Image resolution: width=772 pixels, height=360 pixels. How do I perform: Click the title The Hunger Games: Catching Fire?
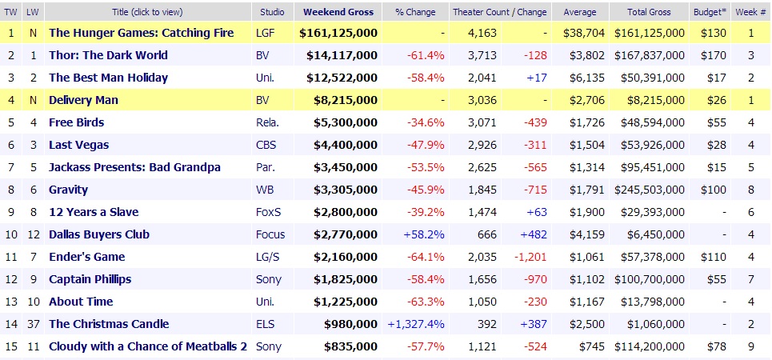click(x=142, y=33)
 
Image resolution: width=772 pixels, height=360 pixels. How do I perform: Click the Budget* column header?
click(x=707, y=13)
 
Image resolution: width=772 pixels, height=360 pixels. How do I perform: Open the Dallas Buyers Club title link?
click(x=99, y=234)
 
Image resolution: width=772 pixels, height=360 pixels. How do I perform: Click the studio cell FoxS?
click(x=266, y=212)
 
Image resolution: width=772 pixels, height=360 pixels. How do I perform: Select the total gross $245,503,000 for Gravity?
click(x=650, y=190)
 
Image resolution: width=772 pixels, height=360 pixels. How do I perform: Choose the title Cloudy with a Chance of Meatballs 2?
click(x=148, y=346)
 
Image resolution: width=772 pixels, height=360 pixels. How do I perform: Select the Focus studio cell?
click(x=269, y=234)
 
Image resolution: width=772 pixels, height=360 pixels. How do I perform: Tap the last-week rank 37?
click(x=32, y=324)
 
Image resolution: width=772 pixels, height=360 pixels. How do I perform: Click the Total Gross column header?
click(x=649, y=13)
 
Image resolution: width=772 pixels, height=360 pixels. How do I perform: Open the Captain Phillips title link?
click(x=90, y=279)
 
